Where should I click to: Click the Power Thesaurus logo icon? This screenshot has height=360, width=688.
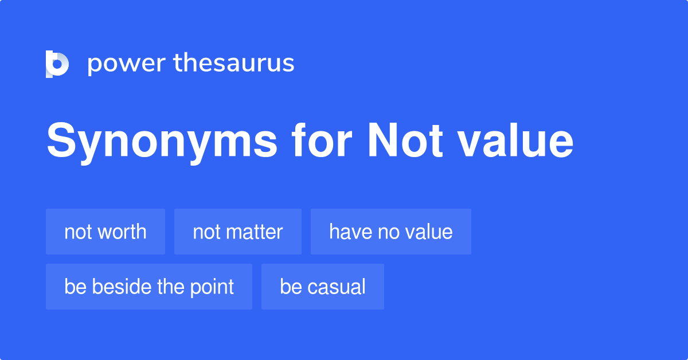57,64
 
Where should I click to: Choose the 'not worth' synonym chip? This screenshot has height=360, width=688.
105,232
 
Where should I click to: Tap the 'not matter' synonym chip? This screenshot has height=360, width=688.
238,232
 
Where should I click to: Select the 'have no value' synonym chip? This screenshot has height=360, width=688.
391,232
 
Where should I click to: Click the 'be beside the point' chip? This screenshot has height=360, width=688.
149,287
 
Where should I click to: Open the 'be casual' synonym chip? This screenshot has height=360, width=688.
323,287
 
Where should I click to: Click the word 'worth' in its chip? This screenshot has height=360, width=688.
122,232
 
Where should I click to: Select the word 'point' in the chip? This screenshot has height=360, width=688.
212,287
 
